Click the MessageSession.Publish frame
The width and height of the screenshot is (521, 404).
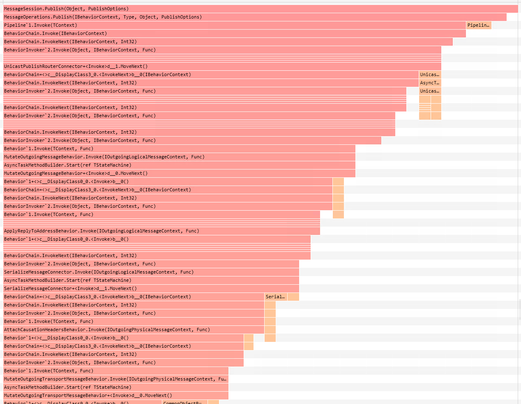260,9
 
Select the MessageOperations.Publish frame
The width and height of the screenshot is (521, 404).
255,17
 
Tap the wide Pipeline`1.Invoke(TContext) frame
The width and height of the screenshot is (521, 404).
234,25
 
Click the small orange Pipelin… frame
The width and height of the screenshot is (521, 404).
479,25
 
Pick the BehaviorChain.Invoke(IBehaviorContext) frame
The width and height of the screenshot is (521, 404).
234,33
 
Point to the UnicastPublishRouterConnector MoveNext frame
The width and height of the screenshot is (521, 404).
222,66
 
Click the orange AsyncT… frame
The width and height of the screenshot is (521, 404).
430,83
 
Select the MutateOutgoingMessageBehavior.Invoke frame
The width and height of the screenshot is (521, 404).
179,157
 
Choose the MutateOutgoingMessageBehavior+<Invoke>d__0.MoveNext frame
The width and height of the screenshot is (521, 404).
179,173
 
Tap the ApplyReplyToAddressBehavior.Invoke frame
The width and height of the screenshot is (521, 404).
161,231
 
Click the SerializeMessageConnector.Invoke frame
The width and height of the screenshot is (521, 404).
151,272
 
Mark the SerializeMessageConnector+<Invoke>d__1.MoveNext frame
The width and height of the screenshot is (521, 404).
151,288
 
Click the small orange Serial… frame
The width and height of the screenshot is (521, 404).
276,297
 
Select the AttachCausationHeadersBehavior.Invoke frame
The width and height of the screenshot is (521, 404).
134,330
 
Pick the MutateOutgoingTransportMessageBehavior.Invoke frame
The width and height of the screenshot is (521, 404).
115,379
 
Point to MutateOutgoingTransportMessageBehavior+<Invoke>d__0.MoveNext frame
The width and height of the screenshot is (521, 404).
115,395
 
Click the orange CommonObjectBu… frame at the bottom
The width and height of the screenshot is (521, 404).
184,402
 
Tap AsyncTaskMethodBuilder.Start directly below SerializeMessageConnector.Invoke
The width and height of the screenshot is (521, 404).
151,280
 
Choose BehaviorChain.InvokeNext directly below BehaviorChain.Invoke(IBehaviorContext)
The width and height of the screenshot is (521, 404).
228,42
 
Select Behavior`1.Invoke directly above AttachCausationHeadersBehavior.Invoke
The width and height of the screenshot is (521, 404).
134,321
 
